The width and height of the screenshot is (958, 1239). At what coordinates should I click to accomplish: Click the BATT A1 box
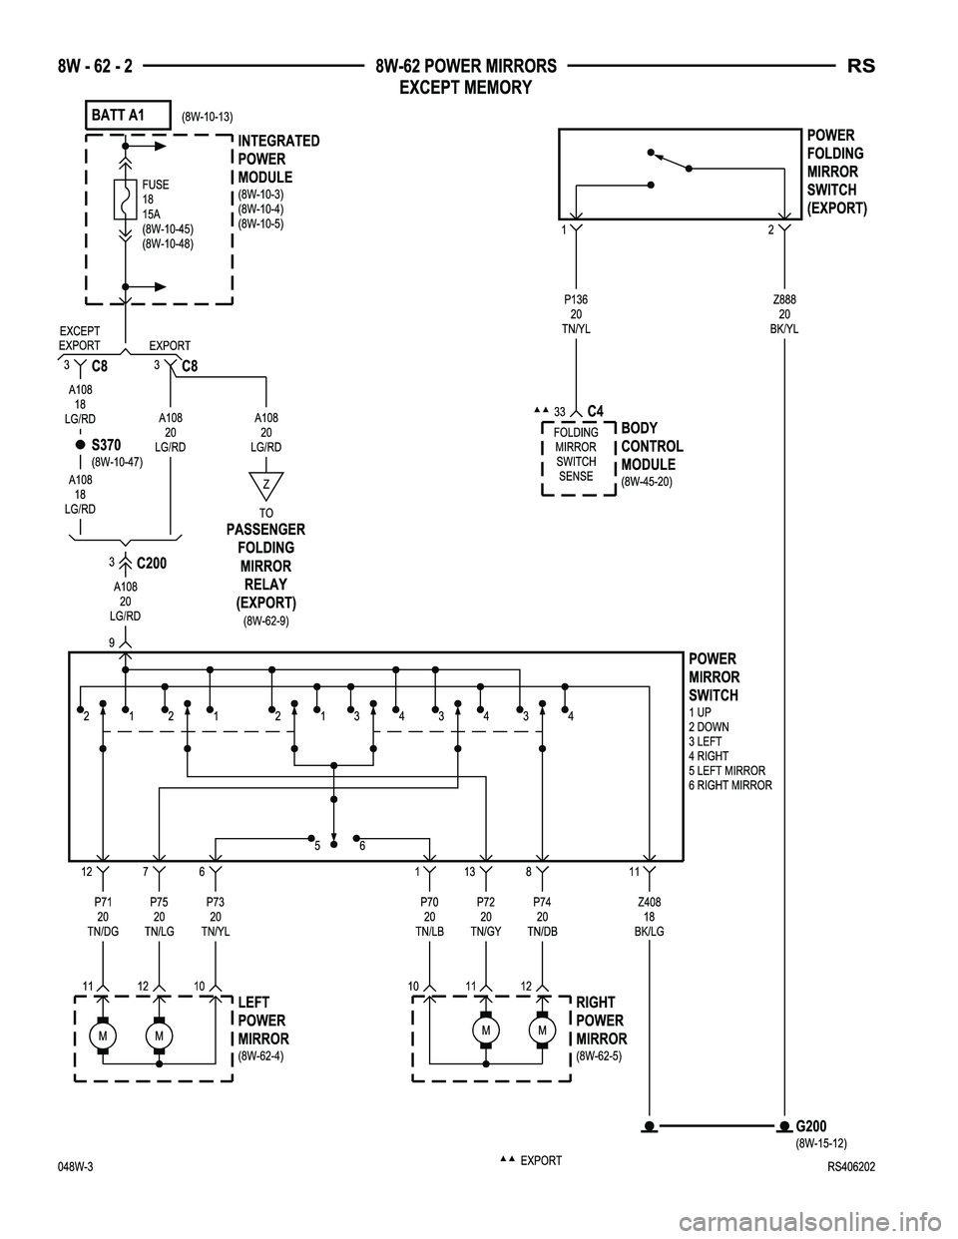[x=128, y=116]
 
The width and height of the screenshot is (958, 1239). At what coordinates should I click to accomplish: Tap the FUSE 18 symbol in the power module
[x=125, y=200]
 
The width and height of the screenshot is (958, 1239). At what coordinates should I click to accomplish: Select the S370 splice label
[x=105, y=444]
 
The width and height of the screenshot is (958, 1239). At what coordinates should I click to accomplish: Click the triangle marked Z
[x=266, y=485]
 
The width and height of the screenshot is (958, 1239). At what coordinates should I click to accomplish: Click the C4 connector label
[x=595, y=411]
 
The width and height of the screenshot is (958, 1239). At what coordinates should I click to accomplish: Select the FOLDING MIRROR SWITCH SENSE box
[x=576, y=455]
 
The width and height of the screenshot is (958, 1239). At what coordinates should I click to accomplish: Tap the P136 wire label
[x=576, y=298]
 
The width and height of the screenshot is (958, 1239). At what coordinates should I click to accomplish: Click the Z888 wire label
[x=784, y=298]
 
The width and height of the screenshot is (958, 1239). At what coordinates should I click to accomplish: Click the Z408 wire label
[x=650, y=902]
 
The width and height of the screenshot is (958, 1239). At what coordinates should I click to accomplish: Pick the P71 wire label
[x=103, y=902]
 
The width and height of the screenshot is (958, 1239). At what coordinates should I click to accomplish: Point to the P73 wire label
[x=216, y=902]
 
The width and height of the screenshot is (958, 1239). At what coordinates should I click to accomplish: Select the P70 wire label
[x=429, y=902]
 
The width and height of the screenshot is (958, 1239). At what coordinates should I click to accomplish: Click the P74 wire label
[x=542, y=902]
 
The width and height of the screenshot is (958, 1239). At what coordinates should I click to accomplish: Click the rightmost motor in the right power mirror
[x=542, y=1030]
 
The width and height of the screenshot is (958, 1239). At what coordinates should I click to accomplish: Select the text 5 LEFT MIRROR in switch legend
[x=726, y=771]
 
